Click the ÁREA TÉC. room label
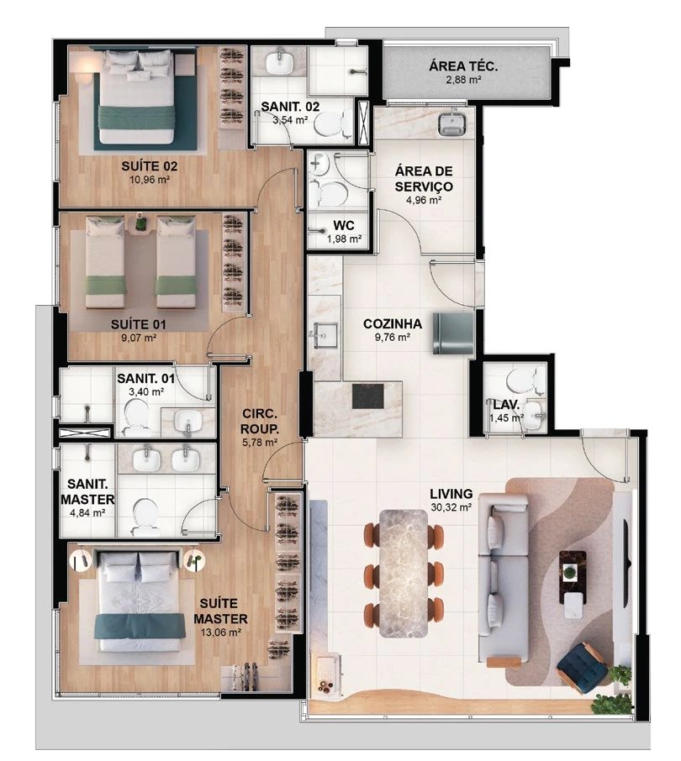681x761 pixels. click(463, 66)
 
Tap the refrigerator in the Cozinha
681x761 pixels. click(452, 333)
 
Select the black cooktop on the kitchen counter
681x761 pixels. click(367, 396)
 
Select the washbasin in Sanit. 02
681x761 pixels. click(280, 61)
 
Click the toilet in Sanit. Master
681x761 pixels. click(145, 517)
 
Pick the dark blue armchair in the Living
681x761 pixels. click(582, 666)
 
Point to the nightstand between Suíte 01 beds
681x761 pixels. click(141, 223)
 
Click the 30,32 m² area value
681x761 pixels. click(451, 507)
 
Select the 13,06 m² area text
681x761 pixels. click(221, 632)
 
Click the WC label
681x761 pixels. click(343, 226)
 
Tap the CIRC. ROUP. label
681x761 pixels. click(260, 422)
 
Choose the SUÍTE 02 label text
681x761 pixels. click(149, 166)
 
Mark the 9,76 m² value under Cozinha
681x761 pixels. click(393, 337)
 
